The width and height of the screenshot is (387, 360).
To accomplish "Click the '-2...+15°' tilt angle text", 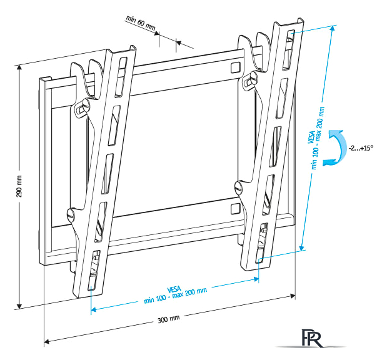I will tap(361, 148).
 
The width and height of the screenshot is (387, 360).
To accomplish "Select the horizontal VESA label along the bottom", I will tap(176, 292).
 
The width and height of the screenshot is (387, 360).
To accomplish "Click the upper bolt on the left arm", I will tap(81, 108).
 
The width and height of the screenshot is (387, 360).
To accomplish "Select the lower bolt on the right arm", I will tap(238, 187).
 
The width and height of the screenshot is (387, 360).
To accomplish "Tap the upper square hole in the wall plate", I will tap(234, 66).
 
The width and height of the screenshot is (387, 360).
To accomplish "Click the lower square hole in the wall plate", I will tap(234, 207).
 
